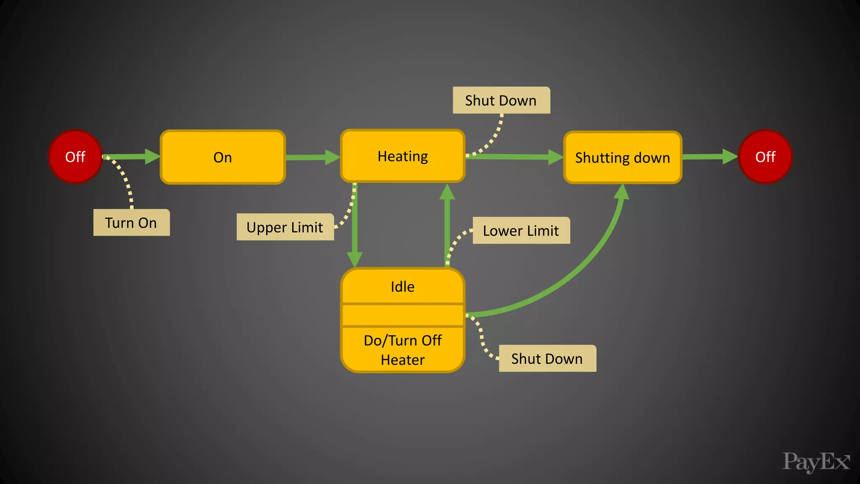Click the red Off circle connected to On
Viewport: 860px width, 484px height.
point(75,157)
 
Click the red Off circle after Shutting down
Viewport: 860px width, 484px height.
point(765,157)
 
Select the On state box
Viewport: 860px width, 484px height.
point(223,157)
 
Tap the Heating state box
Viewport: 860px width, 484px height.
point(402,156)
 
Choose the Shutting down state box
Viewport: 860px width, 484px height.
point(622,158)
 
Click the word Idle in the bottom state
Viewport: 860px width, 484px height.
point(402,287)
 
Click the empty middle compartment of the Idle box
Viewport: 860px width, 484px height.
point(402,315)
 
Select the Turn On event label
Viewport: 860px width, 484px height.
point(131,223)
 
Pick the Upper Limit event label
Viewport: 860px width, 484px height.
point(285,227)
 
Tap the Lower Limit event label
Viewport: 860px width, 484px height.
point(521,231)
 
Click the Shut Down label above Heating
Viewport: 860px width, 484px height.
point(501,100)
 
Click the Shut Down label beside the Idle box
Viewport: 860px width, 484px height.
point(547,358)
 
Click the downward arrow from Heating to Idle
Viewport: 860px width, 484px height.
point(355,227)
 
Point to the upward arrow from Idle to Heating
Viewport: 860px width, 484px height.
point(447,227)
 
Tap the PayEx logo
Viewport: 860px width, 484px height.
point(815,462)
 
